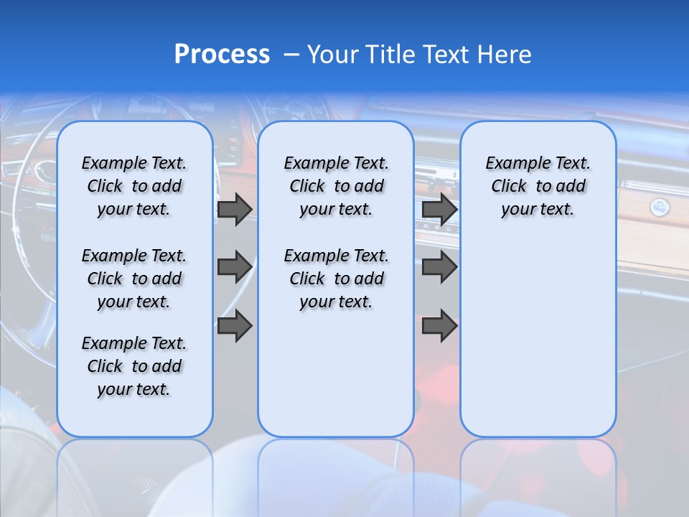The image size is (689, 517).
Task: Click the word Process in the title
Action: coord(222,55)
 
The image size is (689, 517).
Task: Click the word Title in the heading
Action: coord(388,55)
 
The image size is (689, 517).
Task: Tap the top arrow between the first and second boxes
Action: coord(234,209)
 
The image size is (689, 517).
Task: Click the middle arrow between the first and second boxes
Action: coord(234,267)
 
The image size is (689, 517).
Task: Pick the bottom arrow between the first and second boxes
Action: coord(234,326)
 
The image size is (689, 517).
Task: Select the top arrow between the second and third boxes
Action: coord(439,209)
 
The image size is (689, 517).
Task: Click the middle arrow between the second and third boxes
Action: coord(439,267)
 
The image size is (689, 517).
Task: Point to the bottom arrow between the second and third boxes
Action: coord(439,326)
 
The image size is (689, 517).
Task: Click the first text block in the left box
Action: coord(134,186)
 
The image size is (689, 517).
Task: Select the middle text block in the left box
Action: coord(134,279)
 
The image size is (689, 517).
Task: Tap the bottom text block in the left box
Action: coord(134,366)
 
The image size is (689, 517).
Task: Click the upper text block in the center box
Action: coord(336,186)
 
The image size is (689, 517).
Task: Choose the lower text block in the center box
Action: coord(336,279)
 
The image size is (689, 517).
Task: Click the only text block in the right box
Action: coord(538,186)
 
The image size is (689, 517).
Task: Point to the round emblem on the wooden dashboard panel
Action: coord(658,208)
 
